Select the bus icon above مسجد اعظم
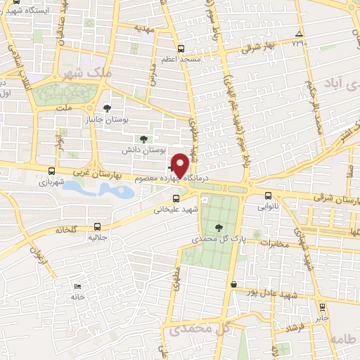[181, 49]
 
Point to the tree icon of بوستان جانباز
[106, 108]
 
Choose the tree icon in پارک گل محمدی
[219, 227]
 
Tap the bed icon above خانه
[77, 286]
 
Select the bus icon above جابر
[322, 307]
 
